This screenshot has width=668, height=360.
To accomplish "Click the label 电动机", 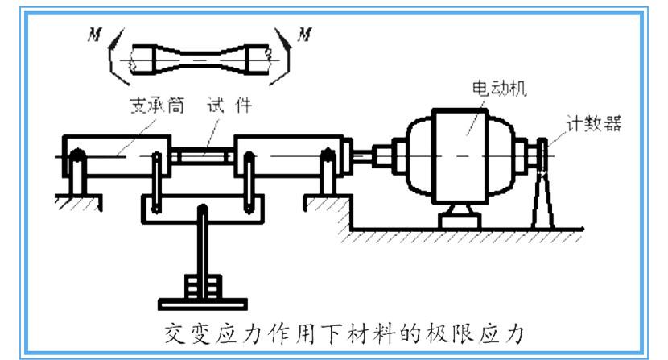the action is (499, 89).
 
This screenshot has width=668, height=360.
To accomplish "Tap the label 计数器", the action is (593, 124).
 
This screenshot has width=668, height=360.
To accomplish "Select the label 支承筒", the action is (157, 106).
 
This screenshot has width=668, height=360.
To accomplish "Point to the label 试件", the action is (229, 106).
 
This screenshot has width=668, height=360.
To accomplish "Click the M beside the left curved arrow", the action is (95, 34).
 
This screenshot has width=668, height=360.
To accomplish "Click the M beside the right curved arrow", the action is (304, 34).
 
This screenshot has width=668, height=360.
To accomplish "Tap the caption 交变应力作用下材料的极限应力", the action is (344, 333).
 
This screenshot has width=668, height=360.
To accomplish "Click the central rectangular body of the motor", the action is (460, 156).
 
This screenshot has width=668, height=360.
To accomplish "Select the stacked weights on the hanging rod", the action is (203, 286).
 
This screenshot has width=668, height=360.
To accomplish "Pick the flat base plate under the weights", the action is (203, 304).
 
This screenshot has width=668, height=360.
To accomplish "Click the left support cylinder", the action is (117, 156).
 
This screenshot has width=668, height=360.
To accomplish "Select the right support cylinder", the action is (289, 156).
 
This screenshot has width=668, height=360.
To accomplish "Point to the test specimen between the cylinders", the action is (203, 156).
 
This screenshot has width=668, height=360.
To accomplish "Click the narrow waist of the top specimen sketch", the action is (200, 60).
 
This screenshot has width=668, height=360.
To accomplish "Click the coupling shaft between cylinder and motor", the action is (362, 155).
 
